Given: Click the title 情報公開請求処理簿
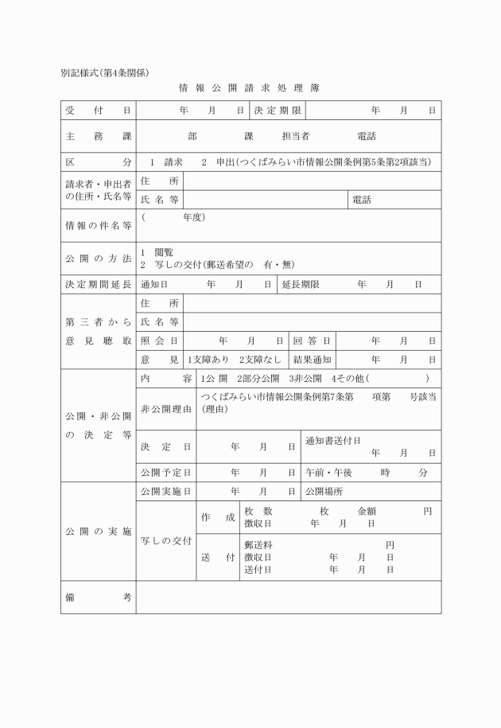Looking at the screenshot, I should [250, 87].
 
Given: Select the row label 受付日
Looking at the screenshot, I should [98, 110].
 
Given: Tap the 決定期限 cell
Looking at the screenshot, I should [278, 110].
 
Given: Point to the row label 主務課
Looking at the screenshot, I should [98, 136].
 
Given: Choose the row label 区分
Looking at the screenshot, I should [98, 162].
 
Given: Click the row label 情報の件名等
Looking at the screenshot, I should [98, 226].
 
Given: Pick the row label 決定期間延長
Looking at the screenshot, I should [98, 284].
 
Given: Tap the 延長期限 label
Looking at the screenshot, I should [301, 284].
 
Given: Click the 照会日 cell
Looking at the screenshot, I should [159, 341].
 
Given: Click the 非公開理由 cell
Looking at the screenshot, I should [165, 409].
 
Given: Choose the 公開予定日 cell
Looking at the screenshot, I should [165, 473].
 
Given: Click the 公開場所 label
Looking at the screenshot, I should [324, 492].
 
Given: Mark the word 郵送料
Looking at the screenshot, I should [259, 545].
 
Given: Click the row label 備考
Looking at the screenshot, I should [98, 597].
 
